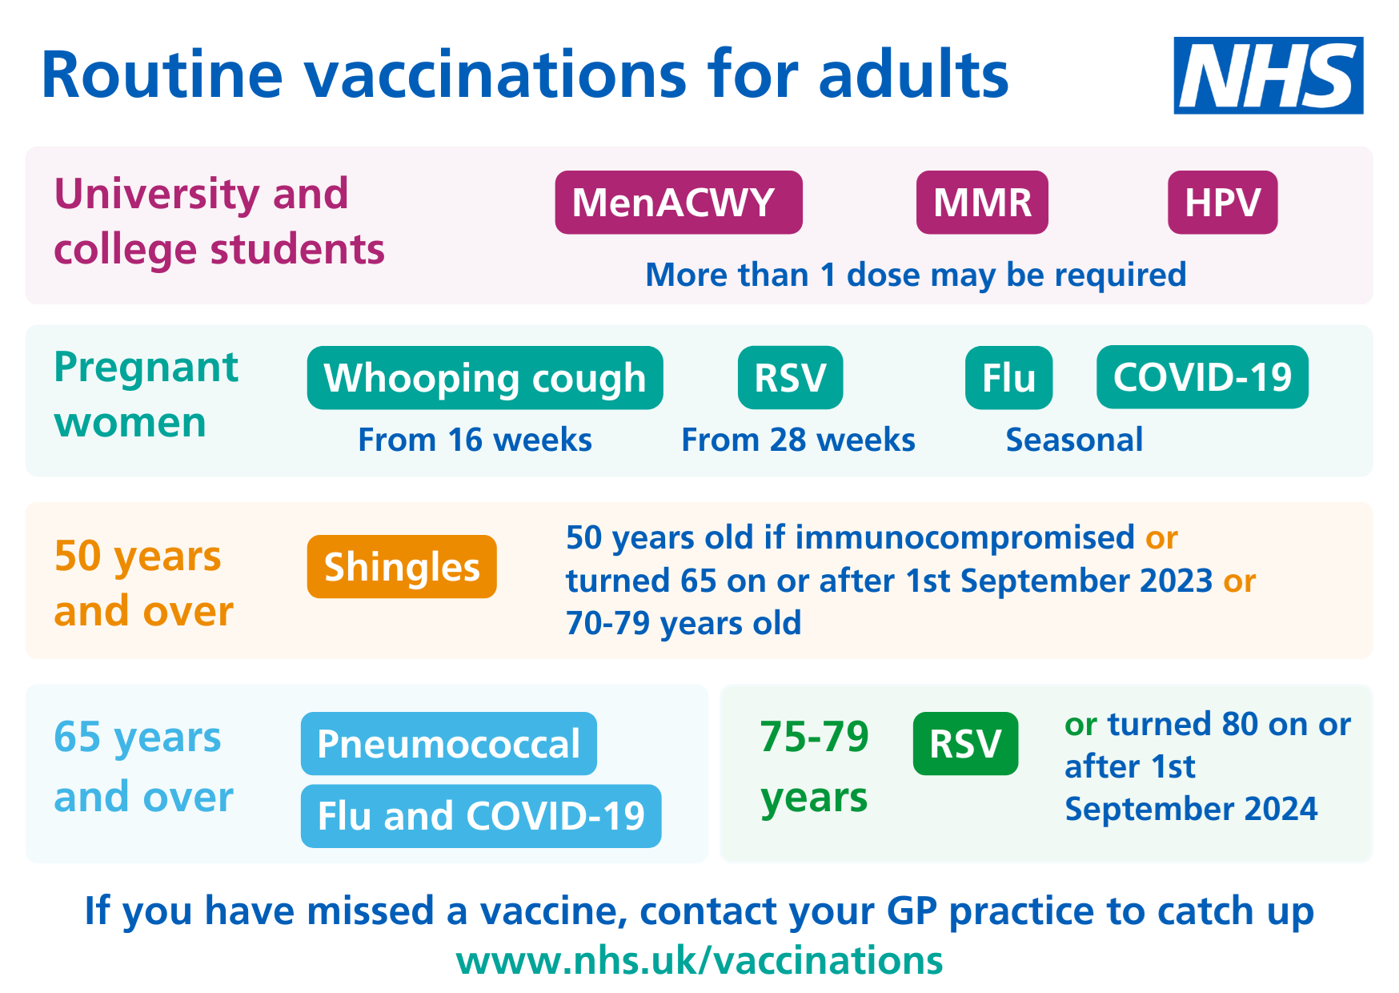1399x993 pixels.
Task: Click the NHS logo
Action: point(1269,75)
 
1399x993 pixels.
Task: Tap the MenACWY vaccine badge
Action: point(679,203)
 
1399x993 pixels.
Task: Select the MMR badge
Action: point(982,203)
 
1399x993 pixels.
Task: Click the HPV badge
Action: point(1222,203)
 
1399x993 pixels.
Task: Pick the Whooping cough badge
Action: point(485,378)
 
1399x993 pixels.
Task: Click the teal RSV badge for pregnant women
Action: point(790,378)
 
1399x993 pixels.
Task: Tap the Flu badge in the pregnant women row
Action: point(1008,378)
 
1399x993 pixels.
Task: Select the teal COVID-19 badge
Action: point(1202,377)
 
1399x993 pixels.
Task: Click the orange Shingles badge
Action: point(402,567)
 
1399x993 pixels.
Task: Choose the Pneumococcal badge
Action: point(449,744)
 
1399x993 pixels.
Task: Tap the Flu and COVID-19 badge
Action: point(481,816)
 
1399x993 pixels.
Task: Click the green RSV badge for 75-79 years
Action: point(965,744)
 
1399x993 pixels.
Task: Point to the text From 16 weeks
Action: point(475,440)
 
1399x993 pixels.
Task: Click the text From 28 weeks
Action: point(798,440)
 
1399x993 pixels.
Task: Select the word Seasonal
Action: point(1074,440)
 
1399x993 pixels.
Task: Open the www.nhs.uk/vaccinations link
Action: point(699,960)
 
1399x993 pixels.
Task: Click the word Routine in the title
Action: point(162,75)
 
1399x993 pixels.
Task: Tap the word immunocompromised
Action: point(964,538)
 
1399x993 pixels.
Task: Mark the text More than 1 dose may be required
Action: point(916,275)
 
